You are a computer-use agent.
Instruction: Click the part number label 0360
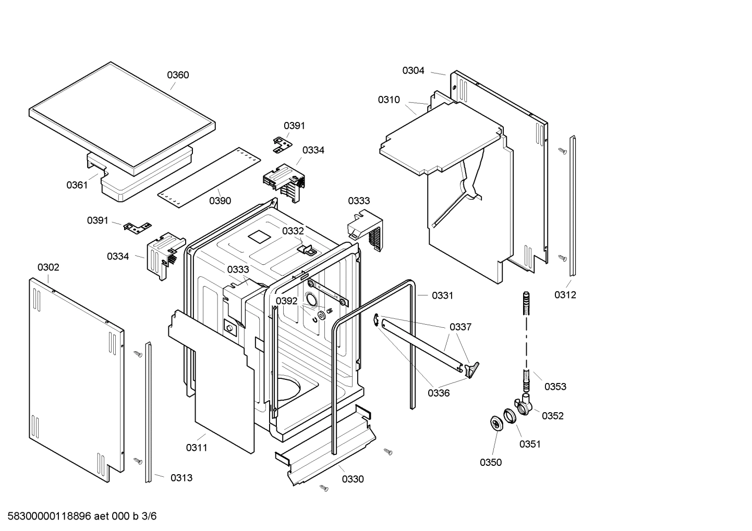coord(178,75)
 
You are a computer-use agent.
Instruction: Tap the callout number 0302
coord(48,267)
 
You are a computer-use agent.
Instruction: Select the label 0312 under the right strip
coord(565,295)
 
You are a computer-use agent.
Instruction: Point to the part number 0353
coord(555,387)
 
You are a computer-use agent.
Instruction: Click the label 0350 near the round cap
coord(491,462)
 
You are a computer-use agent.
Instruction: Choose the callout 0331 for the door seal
coord(443,295)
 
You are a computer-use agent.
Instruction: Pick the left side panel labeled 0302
coord(76,375)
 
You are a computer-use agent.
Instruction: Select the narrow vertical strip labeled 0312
coord(572,206)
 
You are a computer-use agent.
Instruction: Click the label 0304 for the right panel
coord(413,71)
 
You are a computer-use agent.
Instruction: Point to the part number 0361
coord(77,185)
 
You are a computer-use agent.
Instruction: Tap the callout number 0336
coord(439,393)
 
